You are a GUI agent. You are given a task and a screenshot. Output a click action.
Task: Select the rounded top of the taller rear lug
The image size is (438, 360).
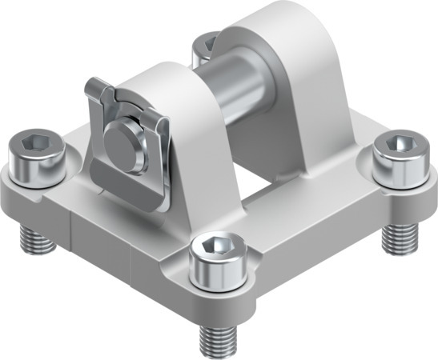coord(264,20)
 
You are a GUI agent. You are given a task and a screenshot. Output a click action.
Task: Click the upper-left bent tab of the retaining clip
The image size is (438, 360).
coord(97,87)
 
